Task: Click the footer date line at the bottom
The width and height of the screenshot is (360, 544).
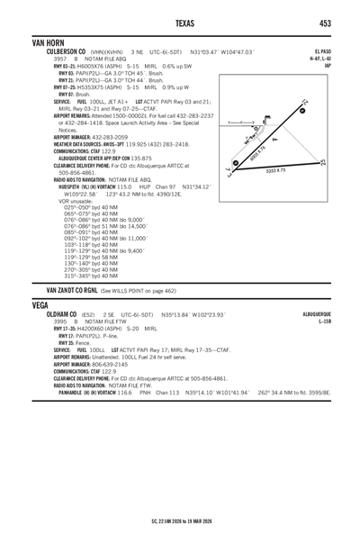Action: click(180, 521)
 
